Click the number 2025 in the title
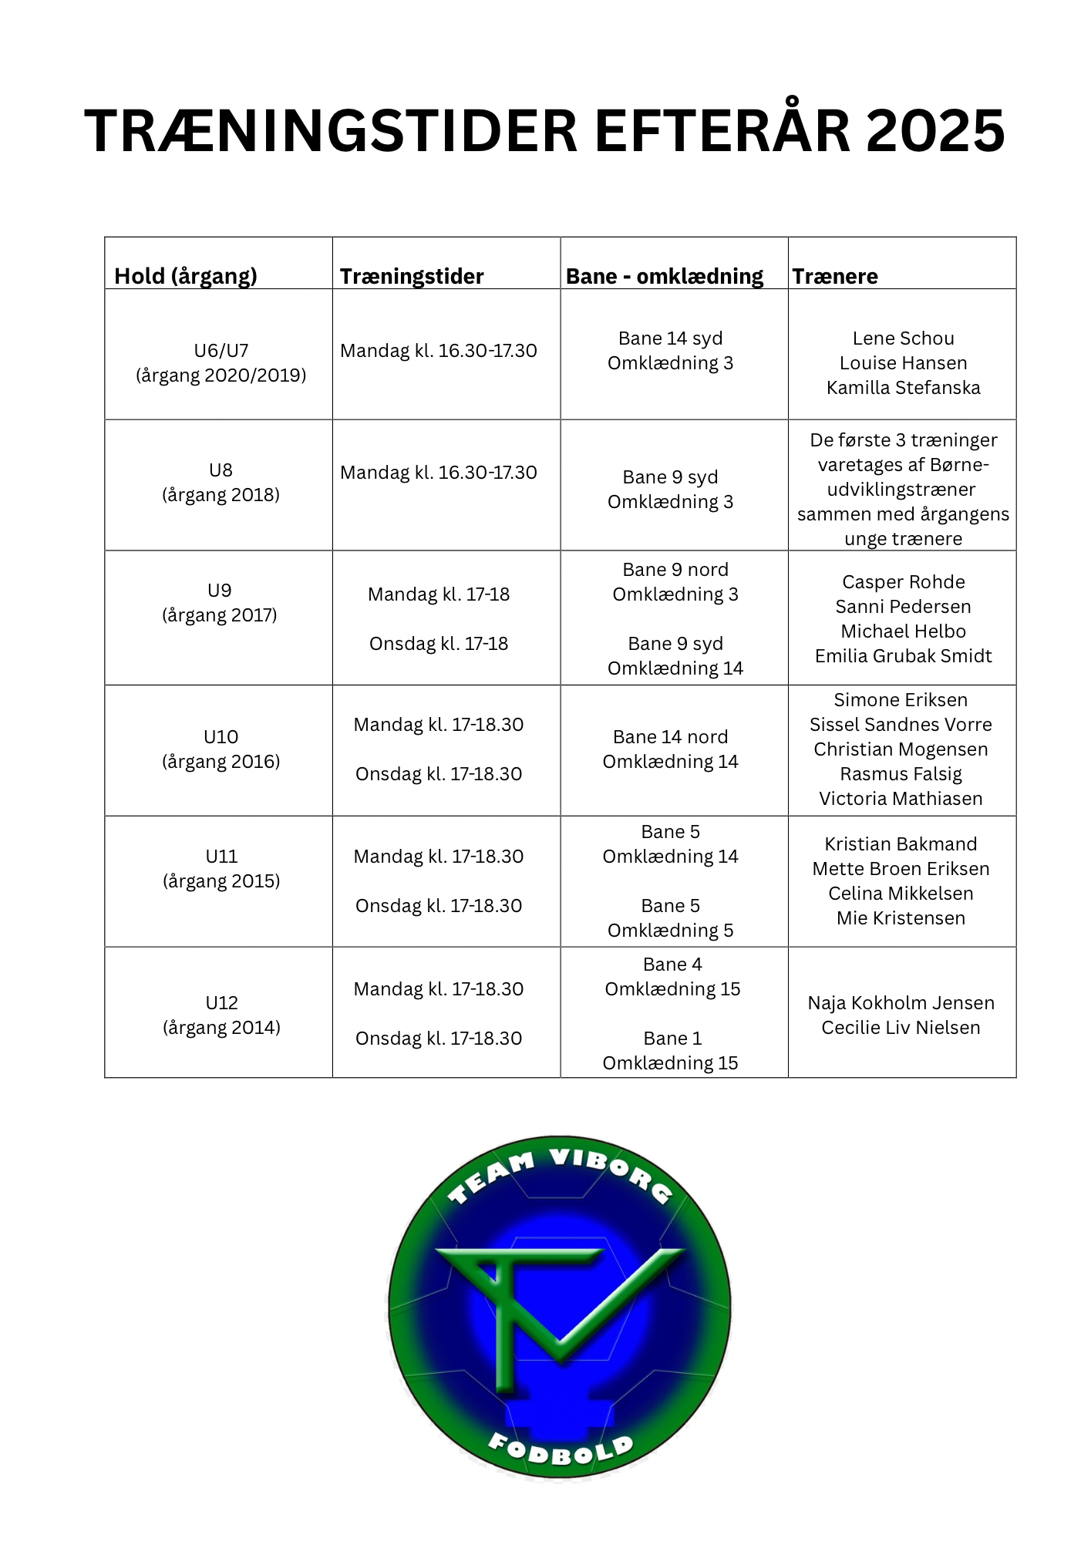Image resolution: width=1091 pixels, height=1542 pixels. pos(935,130)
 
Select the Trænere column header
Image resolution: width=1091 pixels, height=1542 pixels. pos(835,276)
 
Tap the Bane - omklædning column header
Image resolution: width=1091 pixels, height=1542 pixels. pos(665,276)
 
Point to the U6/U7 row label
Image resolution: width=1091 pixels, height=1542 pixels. pos(221,351)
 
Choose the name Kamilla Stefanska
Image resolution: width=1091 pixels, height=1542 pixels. pos(903,388)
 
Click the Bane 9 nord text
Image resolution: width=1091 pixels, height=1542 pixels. pos(675,570)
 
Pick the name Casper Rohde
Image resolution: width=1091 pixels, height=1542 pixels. pos(903,582)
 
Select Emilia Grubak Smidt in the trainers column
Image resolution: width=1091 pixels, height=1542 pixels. pos(903,656)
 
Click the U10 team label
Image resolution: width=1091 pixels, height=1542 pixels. pos(221,737)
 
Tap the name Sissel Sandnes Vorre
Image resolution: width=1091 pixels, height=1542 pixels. pos(901,725)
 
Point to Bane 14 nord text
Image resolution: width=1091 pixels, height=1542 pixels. pos(670,737)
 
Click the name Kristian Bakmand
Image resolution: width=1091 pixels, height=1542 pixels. pos(901,844)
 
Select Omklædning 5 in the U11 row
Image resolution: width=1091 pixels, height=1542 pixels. pos(670,931)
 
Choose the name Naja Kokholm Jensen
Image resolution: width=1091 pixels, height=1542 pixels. pos(901,1003)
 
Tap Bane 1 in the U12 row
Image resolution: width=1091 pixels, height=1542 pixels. pos(672,1039)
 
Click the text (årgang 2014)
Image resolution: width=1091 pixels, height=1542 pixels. pos(221,1028)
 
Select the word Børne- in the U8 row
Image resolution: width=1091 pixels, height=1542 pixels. pos(959,465)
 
